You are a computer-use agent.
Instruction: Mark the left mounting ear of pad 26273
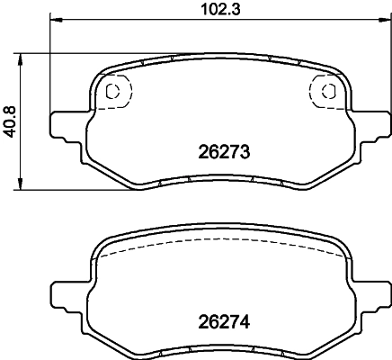coord(65,125)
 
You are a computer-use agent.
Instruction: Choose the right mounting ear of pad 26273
coord(371,125)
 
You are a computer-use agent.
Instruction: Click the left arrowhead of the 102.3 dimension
coord(54,19)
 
